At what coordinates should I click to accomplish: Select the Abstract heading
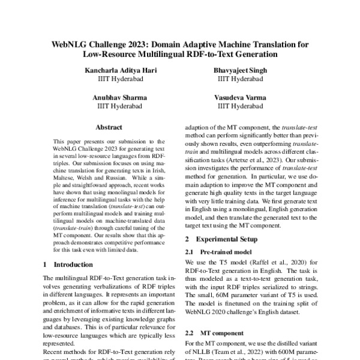click(109, 127)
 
